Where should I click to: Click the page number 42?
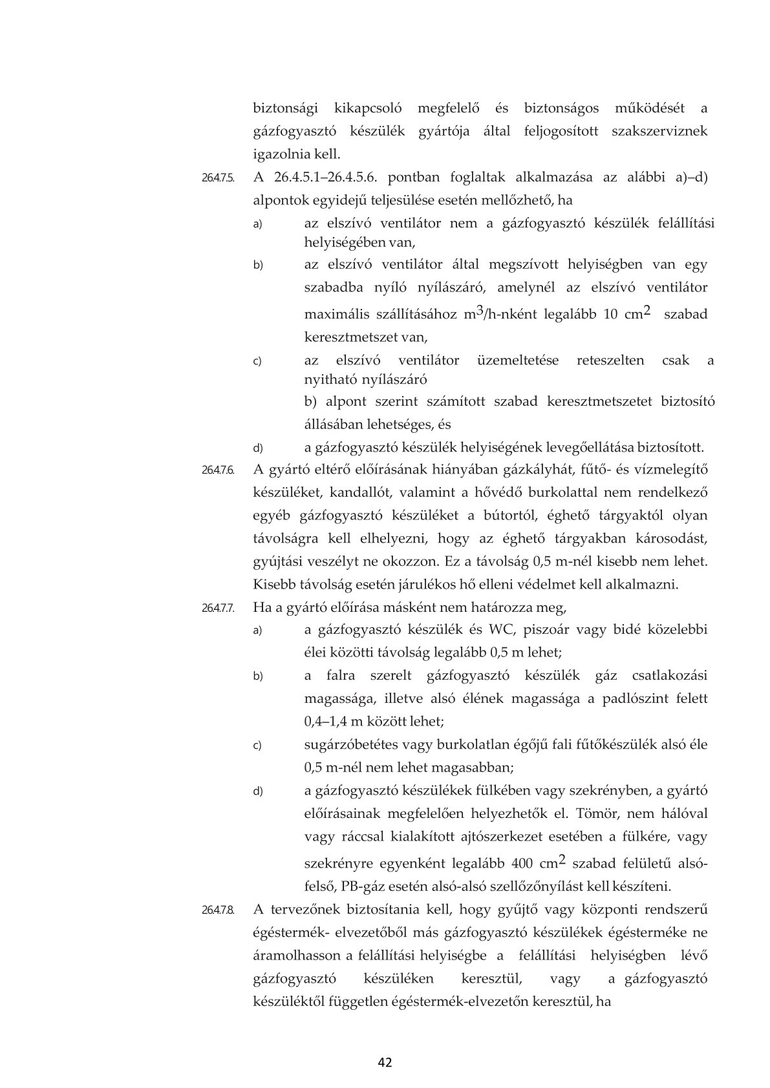point(385,1062)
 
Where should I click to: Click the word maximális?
point(336,315)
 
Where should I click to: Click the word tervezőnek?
point(309,910)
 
